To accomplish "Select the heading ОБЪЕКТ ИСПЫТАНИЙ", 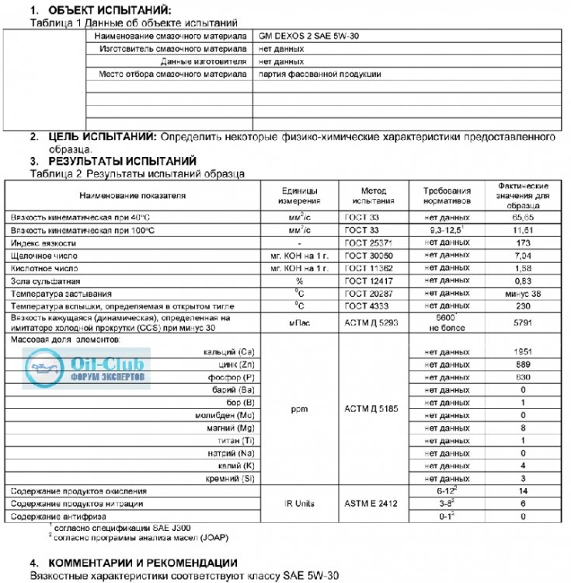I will (103, 9).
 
